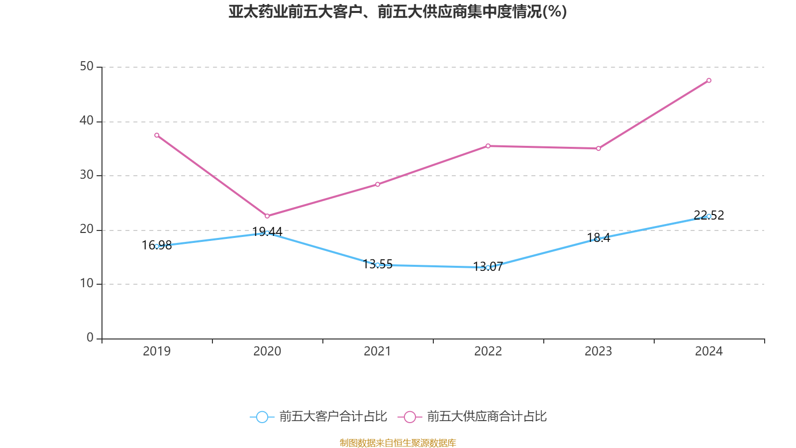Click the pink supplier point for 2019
click(157, 135)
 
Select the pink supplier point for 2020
click(267, 216)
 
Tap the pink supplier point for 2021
click(378, 184)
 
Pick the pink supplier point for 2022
click(488, 146)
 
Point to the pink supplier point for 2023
click(598, 148)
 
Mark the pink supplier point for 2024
click(709, 81)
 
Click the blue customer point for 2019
click(157, 246)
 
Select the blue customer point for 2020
click(267, 233)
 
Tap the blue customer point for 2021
click(378, 265)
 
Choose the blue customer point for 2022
click(488, 267)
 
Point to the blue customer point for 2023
click(598, 239)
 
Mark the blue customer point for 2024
click(709, 216)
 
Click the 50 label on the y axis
click(87, 66)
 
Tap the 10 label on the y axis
click(87, 283)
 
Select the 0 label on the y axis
click(90, 337)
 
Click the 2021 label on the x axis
click(378, 351)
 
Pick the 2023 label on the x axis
click(598, 351)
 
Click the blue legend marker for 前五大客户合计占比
click(262, 417)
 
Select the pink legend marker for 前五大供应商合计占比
click(409, 417)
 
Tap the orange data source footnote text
click(398, 443)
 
